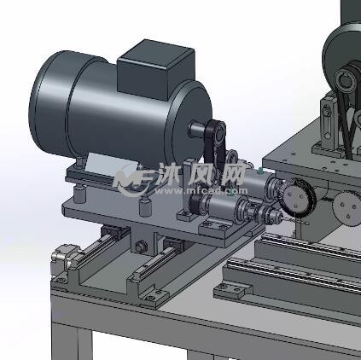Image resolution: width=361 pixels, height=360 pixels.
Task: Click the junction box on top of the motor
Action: click(156, 70)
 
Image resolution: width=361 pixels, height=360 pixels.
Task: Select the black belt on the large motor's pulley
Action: click(215, 142)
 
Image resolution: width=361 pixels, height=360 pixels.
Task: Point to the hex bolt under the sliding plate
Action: click(141, 247)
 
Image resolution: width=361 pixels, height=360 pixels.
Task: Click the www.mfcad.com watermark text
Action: click(201, 191)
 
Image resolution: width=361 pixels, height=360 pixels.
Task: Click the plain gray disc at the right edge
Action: click(348, 209)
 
